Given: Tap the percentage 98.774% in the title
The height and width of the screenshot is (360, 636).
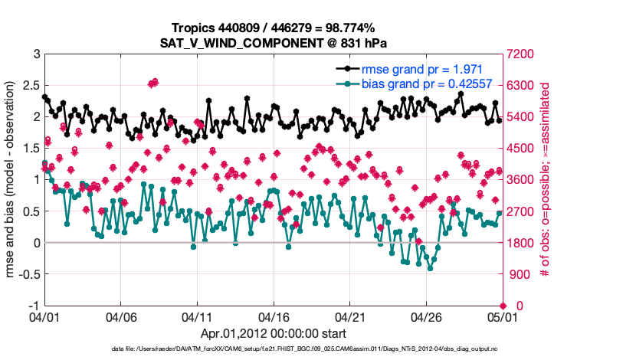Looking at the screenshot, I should tap(347, 28).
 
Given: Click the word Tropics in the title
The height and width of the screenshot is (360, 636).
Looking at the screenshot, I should tap(192, 28).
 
